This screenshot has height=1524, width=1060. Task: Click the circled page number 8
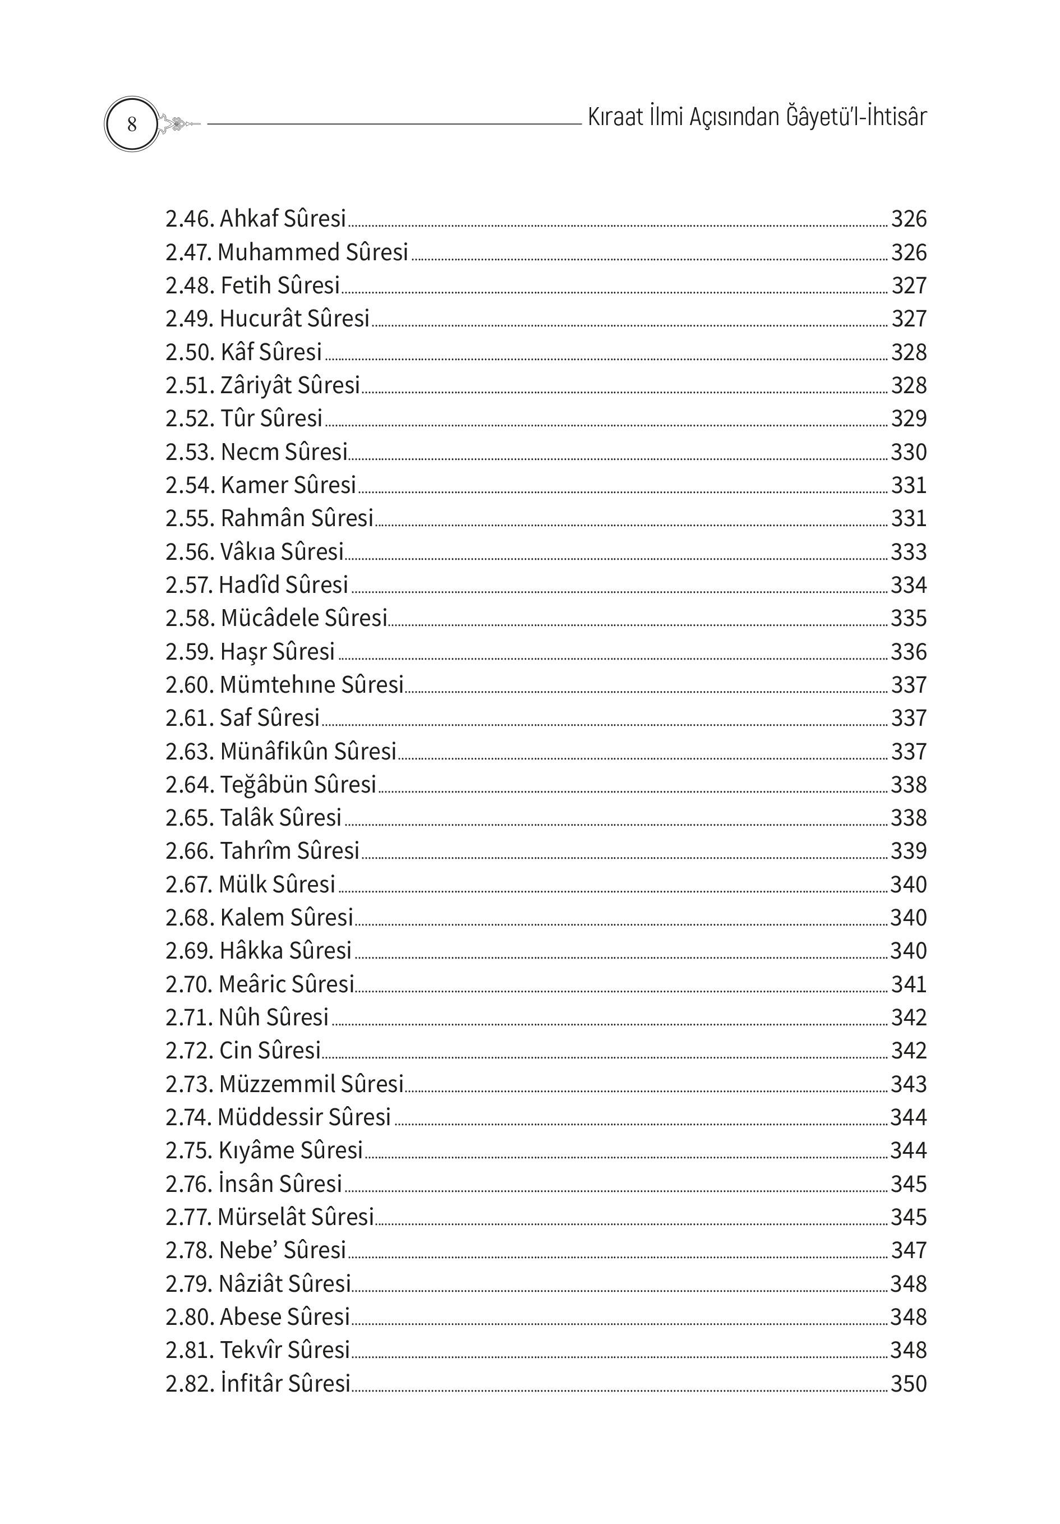tap(131, 124)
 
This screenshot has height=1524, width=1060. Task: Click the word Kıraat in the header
tap(615, 117)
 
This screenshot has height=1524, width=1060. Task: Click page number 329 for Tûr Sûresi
tap(908, 419)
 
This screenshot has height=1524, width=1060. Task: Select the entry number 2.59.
tap(189, 652)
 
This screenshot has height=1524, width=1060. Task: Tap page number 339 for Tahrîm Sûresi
tap(908, 851)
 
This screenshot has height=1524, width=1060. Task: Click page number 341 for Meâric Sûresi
tap(908, 984)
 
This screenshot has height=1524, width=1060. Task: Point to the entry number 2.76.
tap(189, 1184)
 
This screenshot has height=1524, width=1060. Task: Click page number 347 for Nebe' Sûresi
tap(908, 1250)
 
